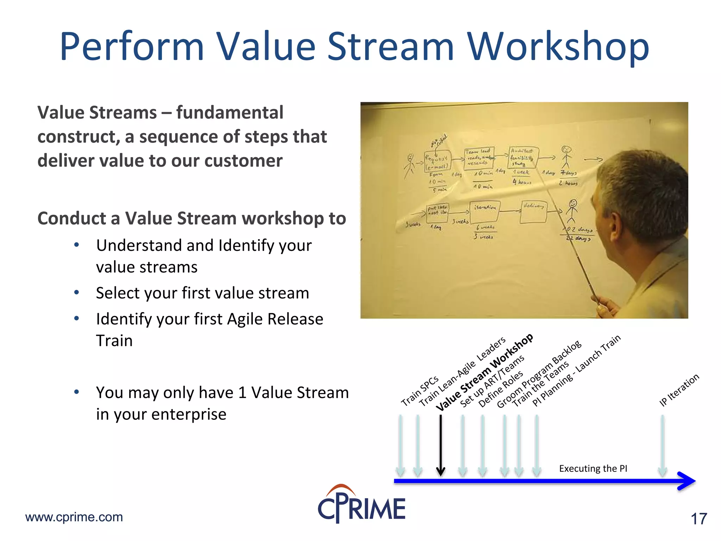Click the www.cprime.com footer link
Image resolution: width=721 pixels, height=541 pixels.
[x=74, y=517]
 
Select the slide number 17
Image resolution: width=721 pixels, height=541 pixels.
[x=698, y=519]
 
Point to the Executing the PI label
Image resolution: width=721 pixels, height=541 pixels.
[x=593, y=468]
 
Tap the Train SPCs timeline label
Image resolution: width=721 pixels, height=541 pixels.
[x=420, y=391]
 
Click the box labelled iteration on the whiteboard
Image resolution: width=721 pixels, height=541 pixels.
[x=485, y=212]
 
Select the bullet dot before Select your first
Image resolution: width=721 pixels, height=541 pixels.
[x=76, y=292]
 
